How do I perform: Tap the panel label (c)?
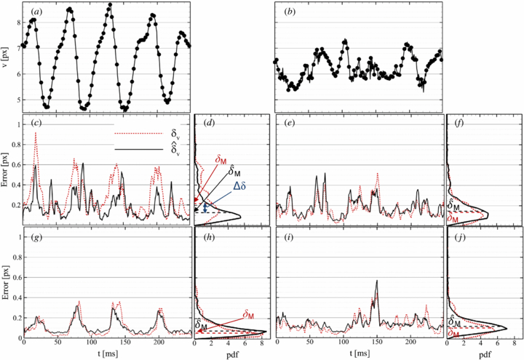point(36,123)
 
